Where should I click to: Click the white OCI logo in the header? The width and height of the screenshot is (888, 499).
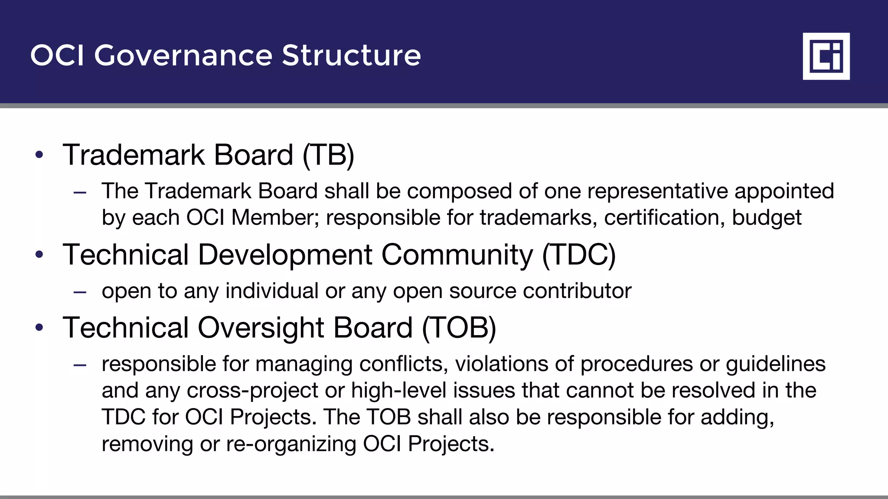[826, 56]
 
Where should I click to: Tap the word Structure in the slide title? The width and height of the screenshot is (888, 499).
[351, 55]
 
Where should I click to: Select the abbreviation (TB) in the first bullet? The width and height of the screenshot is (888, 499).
[328, 155]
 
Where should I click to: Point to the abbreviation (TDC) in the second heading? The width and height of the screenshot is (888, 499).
[579, 255]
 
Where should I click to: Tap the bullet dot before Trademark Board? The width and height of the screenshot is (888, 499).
[39, 155]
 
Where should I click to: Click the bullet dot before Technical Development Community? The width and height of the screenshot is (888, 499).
[39, 254]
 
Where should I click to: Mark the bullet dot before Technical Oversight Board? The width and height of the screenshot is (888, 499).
[39, 327]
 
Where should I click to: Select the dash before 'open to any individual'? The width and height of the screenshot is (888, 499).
[80, 292]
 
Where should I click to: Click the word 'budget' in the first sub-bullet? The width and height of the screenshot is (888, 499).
[767, 218]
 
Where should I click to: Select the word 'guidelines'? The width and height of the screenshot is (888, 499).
[776, 364]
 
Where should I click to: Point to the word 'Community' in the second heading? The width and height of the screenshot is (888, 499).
[457, 255]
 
